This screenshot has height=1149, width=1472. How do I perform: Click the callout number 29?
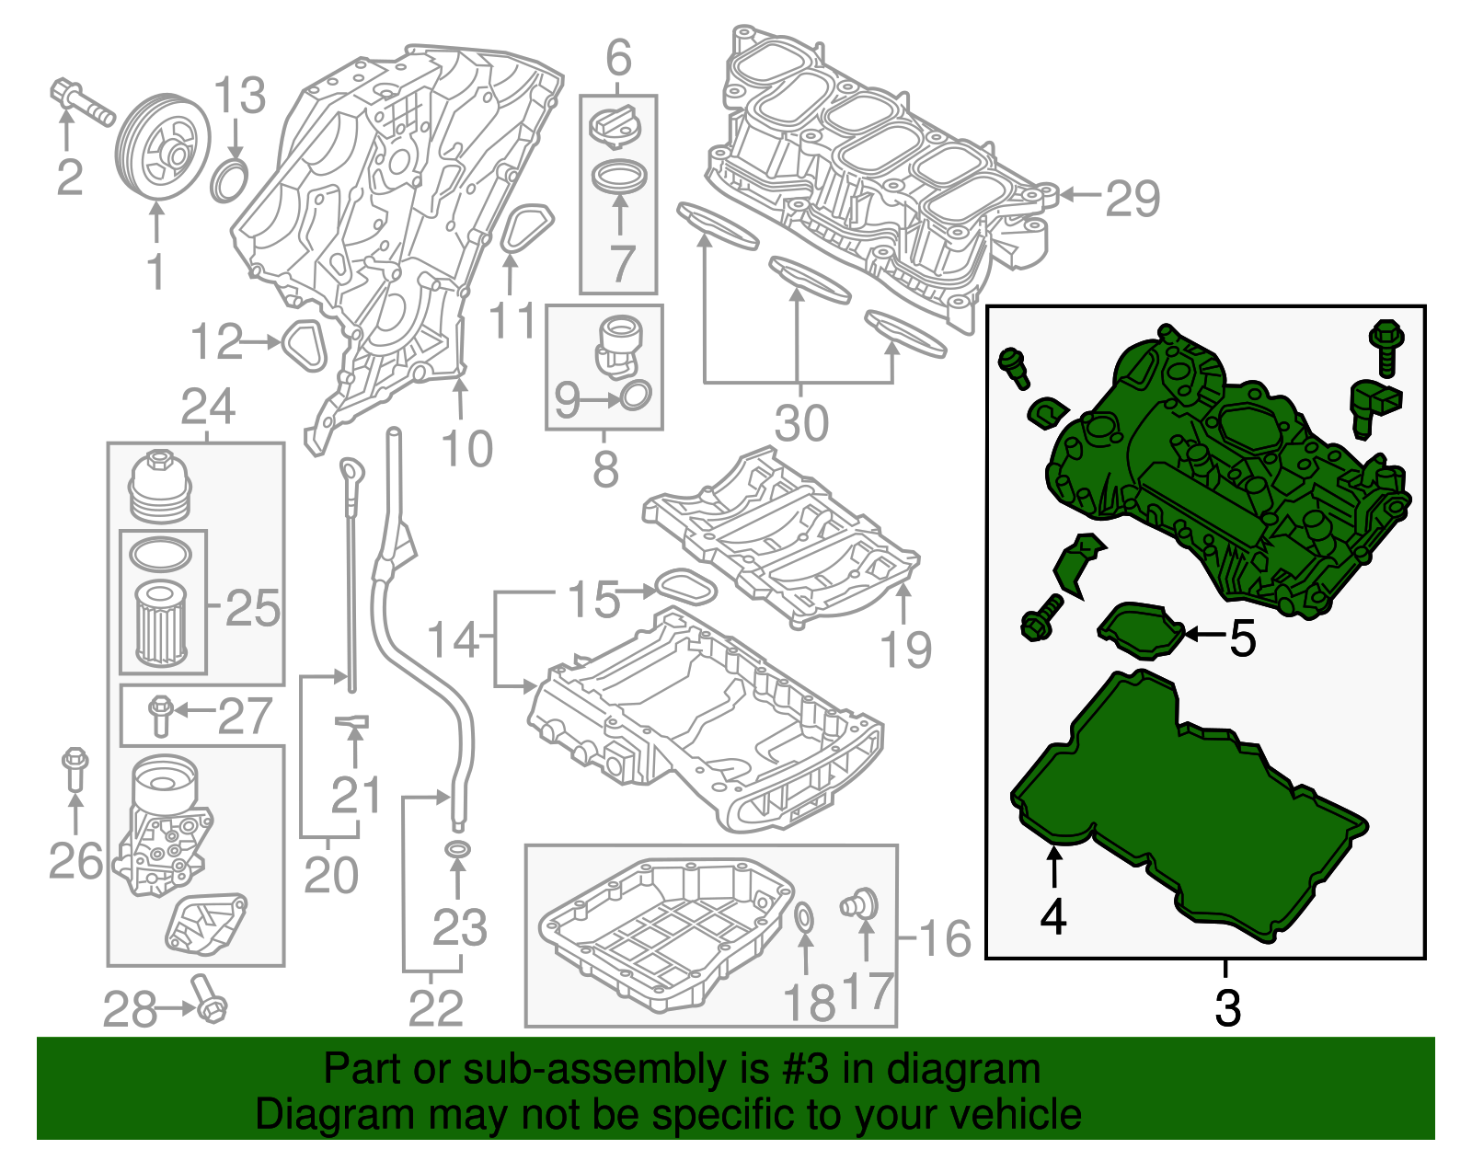click(x=1133, y=198)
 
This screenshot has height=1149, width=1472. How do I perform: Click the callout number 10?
click(x=466, y=449)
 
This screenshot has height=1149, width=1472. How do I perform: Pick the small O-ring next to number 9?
click(x=636, y=396)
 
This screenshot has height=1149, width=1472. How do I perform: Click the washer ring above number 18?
click(x=803, y=917)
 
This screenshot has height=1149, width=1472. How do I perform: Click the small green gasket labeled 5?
click(x=1141, y=631)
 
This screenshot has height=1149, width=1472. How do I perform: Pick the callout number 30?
click(x=801, y=423)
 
